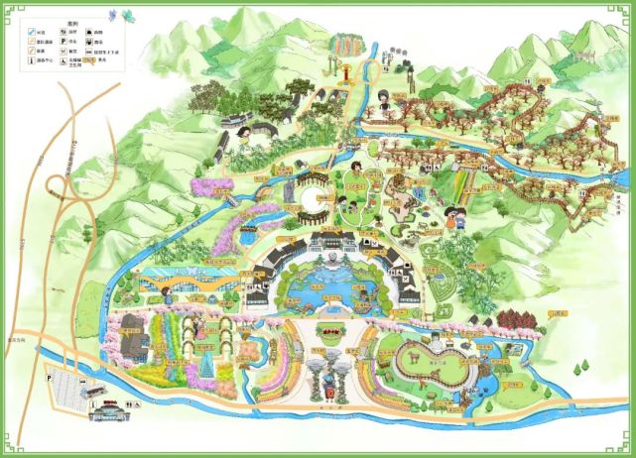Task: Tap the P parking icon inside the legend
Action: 72,44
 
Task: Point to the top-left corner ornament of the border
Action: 9,9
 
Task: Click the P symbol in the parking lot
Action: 50,377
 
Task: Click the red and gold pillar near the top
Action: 339,73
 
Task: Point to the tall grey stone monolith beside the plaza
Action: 289,188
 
